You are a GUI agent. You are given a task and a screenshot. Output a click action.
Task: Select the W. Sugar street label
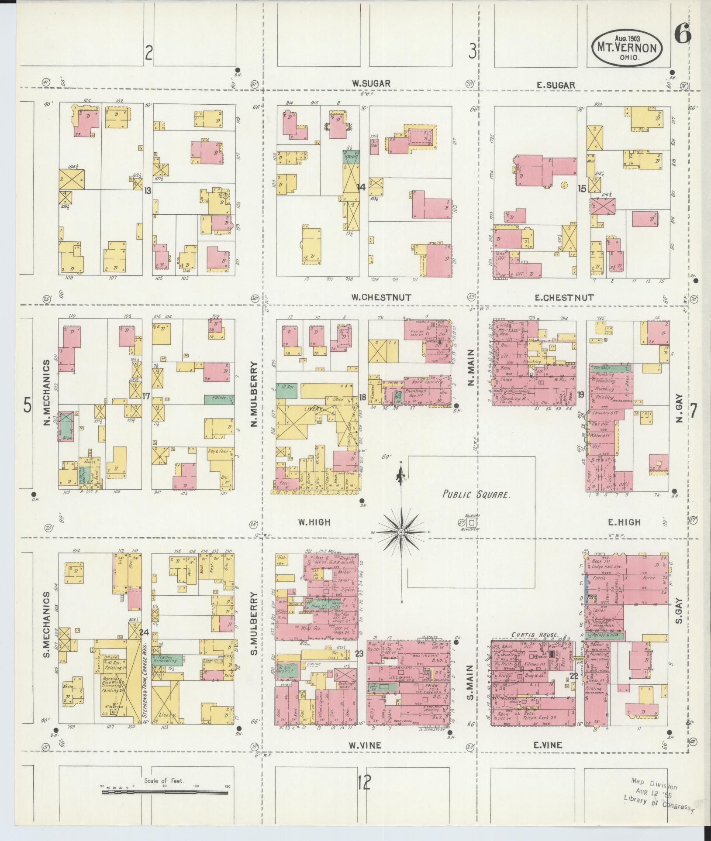pyautogui.click(x=371, y=83)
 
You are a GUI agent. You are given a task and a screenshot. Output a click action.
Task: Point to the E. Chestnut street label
pyautogui.click(x=564, y=298)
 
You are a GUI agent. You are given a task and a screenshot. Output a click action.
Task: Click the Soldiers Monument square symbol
pyautogui.click(x=472, y=522)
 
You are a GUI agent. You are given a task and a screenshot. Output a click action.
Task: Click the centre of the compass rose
pyautogui.click(x=401, y=532)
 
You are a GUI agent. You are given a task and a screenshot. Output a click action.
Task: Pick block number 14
pyautogui.click(x=361, y=187)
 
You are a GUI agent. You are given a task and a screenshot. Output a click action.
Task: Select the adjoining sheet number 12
pyautogui.click(x=363, y=782)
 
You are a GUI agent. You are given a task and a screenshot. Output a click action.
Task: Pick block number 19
pyautogui.click(x=580, y=395)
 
